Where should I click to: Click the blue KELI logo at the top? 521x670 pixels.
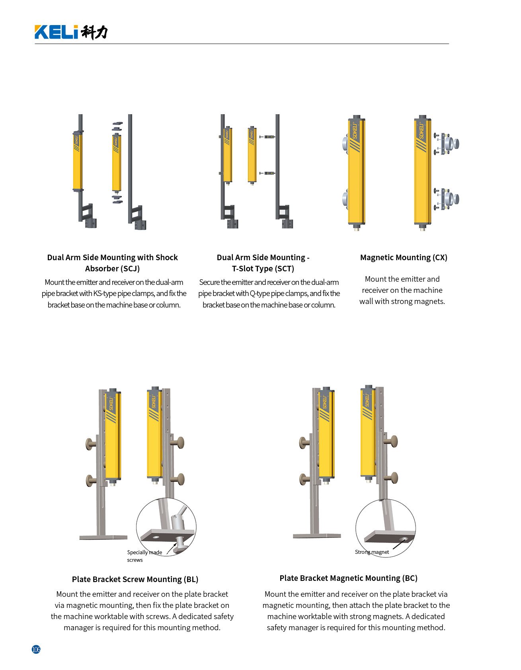point(56,32)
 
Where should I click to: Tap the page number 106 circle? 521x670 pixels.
point(36,649)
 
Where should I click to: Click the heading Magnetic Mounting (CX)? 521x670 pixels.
point(404,257)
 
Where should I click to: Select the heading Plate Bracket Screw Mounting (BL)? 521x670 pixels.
point(135,579)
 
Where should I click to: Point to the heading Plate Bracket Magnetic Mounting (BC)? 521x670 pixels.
point(348,578)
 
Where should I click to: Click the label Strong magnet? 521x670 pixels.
point(372,552)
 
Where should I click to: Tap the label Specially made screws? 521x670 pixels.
point(144,556)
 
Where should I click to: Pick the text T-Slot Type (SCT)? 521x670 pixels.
point(263,269)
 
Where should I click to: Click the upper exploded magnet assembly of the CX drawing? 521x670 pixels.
point(446,143)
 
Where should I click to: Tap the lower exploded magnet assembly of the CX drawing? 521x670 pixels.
point(446,199)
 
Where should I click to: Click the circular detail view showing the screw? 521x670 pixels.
point(166,527)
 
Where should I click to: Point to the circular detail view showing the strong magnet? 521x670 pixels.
point(385,528)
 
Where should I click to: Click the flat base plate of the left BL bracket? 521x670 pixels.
point(103,537)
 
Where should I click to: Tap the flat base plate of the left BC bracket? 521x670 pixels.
point(317,536)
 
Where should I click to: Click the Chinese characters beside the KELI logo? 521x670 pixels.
point(94,32)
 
